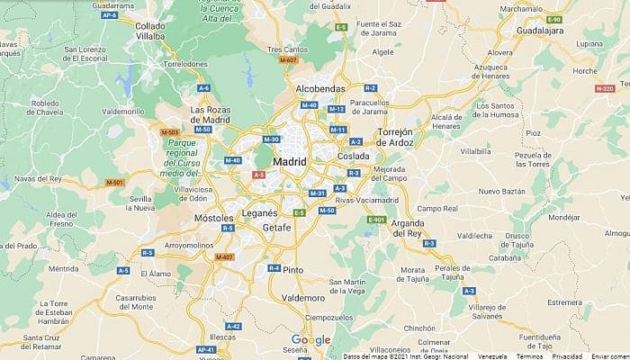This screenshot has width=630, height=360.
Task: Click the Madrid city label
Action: (289, 162)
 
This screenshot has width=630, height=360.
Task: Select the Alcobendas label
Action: (320, 90)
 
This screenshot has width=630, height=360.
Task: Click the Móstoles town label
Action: (214, 219)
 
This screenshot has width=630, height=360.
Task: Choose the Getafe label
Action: (276, 228)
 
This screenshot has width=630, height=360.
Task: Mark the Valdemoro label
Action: (302, 297)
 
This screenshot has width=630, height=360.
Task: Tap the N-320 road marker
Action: (605, 89)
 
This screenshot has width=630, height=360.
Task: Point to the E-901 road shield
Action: (377, 220)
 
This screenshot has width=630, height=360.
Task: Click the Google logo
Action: (310, 340)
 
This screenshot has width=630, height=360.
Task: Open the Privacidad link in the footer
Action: (567, 356)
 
